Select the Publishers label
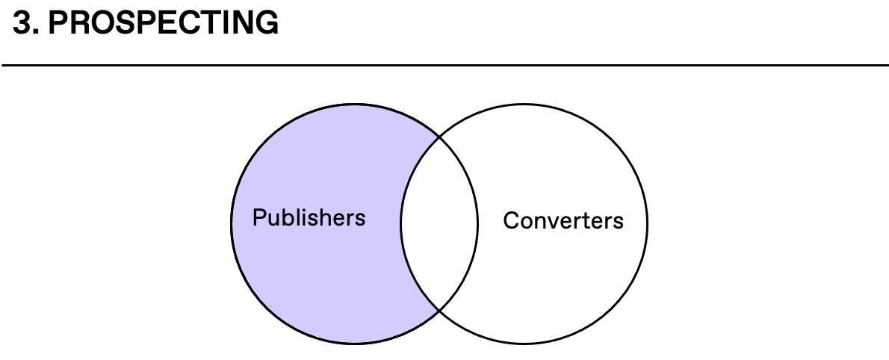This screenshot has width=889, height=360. point(309,217)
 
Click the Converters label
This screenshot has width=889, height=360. point(563,220)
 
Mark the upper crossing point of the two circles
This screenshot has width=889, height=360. point(439,137)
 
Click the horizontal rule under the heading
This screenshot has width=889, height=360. point(444,66)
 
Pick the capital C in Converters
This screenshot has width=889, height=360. point(511,220)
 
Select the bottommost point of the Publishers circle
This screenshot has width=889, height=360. point(354,344)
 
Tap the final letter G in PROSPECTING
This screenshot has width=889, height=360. point(267,24)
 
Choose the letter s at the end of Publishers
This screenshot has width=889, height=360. point(361,218)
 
